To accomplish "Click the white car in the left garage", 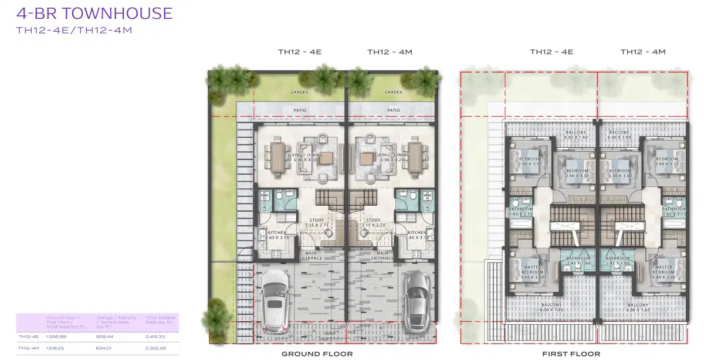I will point(275,298).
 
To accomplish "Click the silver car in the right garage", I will point(418,298).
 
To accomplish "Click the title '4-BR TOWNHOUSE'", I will point(94,13).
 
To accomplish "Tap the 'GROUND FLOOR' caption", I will point(317,354).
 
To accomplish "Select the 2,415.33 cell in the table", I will point(155,337).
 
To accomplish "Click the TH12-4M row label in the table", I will point(28,348).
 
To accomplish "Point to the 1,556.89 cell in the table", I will point(56,337).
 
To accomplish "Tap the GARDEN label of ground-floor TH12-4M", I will point(393,92).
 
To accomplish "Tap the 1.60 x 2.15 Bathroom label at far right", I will point(673,212).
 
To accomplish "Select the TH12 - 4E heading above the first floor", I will point(551,52).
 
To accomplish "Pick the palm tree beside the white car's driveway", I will point(216,314).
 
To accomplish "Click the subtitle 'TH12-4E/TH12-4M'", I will point(74,30).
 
